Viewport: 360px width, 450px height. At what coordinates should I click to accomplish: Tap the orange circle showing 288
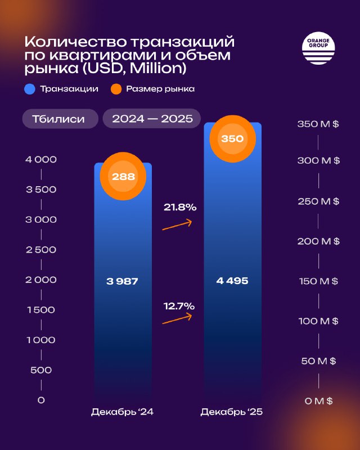pyautogui.click(x=123, y=177)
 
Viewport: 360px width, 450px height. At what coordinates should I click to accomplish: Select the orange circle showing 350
pyautogui.click(x=232, y=138)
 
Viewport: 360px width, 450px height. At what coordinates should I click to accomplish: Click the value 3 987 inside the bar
pyautogui.click(x=123, y=281)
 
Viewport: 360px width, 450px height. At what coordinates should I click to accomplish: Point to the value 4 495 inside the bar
pyautogui.click(x=232, y=281)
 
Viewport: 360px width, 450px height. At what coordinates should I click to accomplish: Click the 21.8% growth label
pyautogui.click(x=179, y=208)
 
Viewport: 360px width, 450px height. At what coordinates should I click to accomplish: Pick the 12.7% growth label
pyautogui.click(x=179, y=307)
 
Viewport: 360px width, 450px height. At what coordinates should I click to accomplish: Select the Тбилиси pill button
pyautogui.click(x=59, y=119)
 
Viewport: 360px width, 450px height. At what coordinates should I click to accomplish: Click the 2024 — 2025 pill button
pyautogui.click(x=152, y=119)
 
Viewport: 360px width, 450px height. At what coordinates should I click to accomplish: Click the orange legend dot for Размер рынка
pyautogui.click(x=116, y=89)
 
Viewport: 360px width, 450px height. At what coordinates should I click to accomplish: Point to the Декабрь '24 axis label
pyautogui.click(x=123, y=412)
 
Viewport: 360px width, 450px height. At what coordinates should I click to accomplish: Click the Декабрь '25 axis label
pyautogui.click(x=232, y=412)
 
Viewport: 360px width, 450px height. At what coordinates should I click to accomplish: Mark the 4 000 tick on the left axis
pyautogui.click(x=41, y=160)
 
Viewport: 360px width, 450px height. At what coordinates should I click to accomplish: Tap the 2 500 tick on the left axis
pyautogui.click(x=41, y=250)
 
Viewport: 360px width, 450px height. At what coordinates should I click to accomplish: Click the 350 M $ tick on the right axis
pyautogui.click(x=318, y=124)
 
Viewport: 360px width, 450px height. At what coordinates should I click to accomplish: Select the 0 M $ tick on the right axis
pyautogui.click(x=318, y=401)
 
